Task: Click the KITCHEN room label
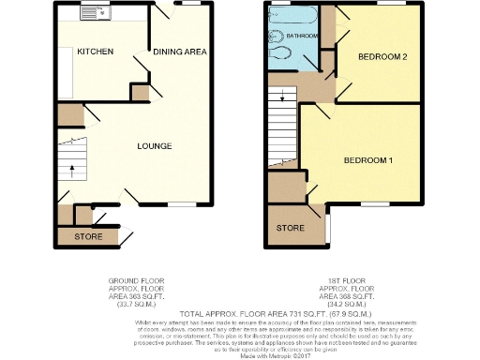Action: coord(95,52)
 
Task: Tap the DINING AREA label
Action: coord(180,52)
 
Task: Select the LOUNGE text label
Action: coord(154,145)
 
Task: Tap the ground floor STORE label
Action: coord(89,236)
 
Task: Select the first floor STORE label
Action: coord(291,227)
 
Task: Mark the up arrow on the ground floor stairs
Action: coord(72,172)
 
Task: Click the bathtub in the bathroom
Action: coord(295,15)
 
